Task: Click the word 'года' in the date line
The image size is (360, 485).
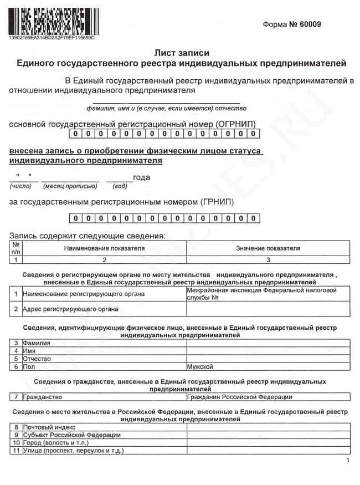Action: [141, 177]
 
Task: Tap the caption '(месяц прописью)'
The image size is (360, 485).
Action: [70, 186]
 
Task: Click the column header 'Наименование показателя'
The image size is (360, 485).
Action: [104, 248]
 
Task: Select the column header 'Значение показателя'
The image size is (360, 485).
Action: [268, 248]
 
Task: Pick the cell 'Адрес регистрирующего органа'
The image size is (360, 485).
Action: [70, 309]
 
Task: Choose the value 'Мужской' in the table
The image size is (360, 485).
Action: [199, 366]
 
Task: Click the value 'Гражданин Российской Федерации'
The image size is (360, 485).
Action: [239, 397]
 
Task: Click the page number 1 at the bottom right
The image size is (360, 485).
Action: [347, 461]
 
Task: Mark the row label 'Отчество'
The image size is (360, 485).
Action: [37, 359]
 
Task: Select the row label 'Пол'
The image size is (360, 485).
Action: [28, 366]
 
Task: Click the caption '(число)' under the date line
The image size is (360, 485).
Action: [21, 186]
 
